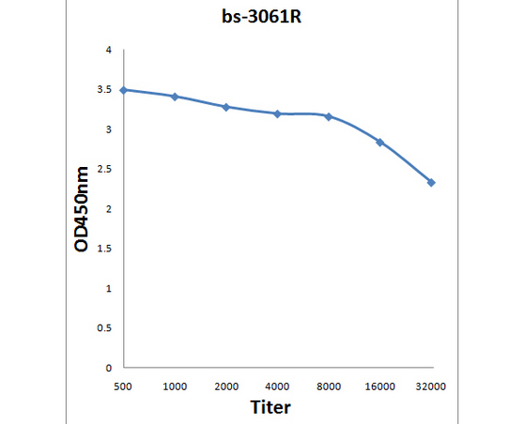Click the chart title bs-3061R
[261, 16]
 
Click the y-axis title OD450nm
[82, 209]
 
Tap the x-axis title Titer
[270, 407]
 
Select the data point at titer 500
[124, 90]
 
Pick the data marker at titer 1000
[175, 97]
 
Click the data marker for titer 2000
[226, 107]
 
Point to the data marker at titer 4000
[278, 114]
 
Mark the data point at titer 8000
[329, 116]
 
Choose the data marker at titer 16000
[380, 143]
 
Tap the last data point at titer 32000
[431, 183]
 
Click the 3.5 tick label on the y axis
[104, 90]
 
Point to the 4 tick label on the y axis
[109, 50]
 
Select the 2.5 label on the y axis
[104, 169]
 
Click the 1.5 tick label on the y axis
[104, 249]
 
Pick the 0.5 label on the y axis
[104, 328]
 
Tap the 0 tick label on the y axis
[109, 368]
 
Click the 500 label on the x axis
[123, 386]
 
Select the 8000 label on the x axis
[329, 386]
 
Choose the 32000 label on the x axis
[430, 386]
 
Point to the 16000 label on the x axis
[380, 386]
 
